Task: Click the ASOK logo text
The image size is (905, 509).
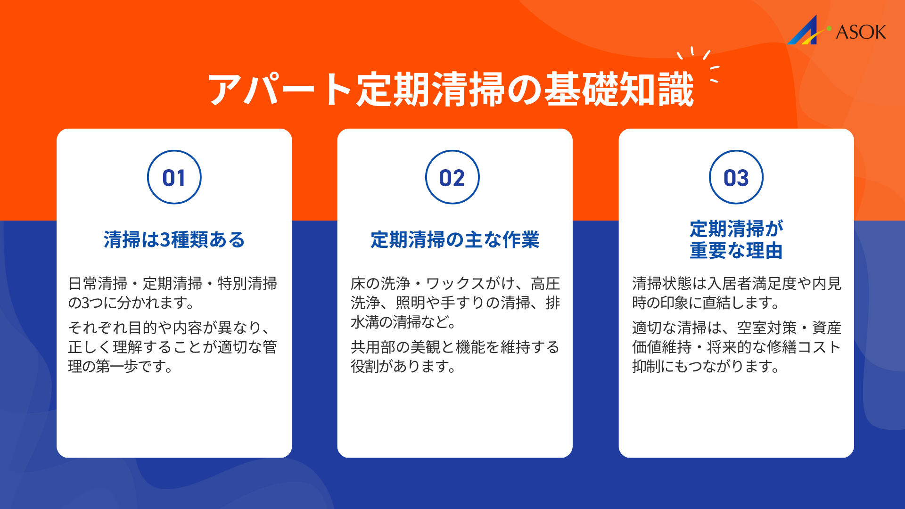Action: (861, 32)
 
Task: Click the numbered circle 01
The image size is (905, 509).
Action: (174, 177)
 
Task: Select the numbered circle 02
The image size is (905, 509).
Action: (452, 177)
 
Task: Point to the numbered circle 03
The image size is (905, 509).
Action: (736, 177)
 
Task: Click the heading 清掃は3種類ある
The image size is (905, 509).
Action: (174, 239)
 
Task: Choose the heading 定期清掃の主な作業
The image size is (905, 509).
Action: (454, 239)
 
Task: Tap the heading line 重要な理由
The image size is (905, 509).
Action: (736, 250)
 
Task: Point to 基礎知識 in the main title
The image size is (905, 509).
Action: (619, 90)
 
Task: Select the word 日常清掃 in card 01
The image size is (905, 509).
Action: (98, 283)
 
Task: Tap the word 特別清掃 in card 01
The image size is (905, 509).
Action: (247, 283)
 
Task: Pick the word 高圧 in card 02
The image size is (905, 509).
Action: (545, 283)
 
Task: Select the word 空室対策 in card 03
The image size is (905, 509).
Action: (767, 328)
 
